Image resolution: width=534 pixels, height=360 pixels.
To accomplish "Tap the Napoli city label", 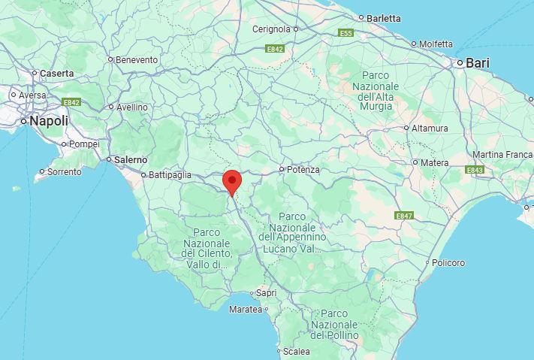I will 49,121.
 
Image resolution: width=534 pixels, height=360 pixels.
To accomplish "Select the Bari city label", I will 478,63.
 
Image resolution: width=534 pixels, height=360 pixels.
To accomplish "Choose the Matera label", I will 434,162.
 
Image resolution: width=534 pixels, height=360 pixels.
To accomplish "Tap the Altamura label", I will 430,128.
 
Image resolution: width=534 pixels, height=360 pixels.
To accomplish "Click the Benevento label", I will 137,59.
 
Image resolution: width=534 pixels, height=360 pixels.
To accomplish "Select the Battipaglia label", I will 170,175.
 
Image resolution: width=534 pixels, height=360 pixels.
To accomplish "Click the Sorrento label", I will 65,171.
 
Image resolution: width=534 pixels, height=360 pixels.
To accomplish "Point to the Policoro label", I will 448,262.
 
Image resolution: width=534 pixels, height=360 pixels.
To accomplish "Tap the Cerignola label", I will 271,29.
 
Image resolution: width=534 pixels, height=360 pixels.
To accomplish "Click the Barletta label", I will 384,17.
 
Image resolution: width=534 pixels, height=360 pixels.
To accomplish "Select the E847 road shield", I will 405,216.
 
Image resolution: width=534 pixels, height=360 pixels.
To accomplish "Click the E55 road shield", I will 346,33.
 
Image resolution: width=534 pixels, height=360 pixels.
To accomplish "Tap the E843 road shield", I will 475,171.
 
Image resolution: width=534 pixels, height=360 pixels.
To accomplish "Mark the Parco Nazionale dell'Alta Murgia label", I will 376,91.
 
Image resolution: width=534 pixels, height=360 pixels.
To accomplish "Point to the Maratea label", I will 246,309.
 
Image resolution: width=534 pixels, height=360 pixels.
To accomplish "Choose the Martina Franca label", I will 502,155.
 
